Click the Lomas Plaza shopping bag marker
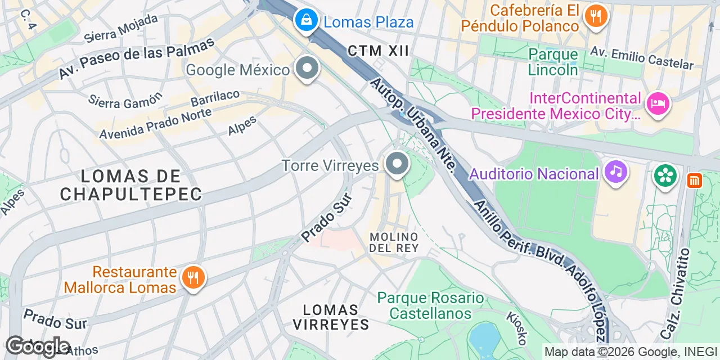[306, 21]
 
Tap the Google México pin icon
[307, 69]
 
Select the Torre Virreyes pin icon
[397, 164]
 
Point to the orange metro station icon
[695, 181]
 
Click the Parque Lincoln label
[553, 62]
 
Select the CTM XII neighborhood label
[378, 51]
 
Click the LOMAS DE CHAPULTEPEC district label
[131, 185]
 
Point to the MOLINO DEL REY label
[394, 242]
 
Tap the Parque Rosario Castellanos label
[430, 305]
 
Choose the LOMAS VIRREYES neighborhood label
[331, 317]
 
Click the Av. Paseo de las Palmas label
[137, 58]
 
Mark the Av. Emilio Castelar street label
[641, 57]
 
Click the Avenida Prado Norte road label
[155, 123]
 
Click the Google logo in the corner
[38, 346]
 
